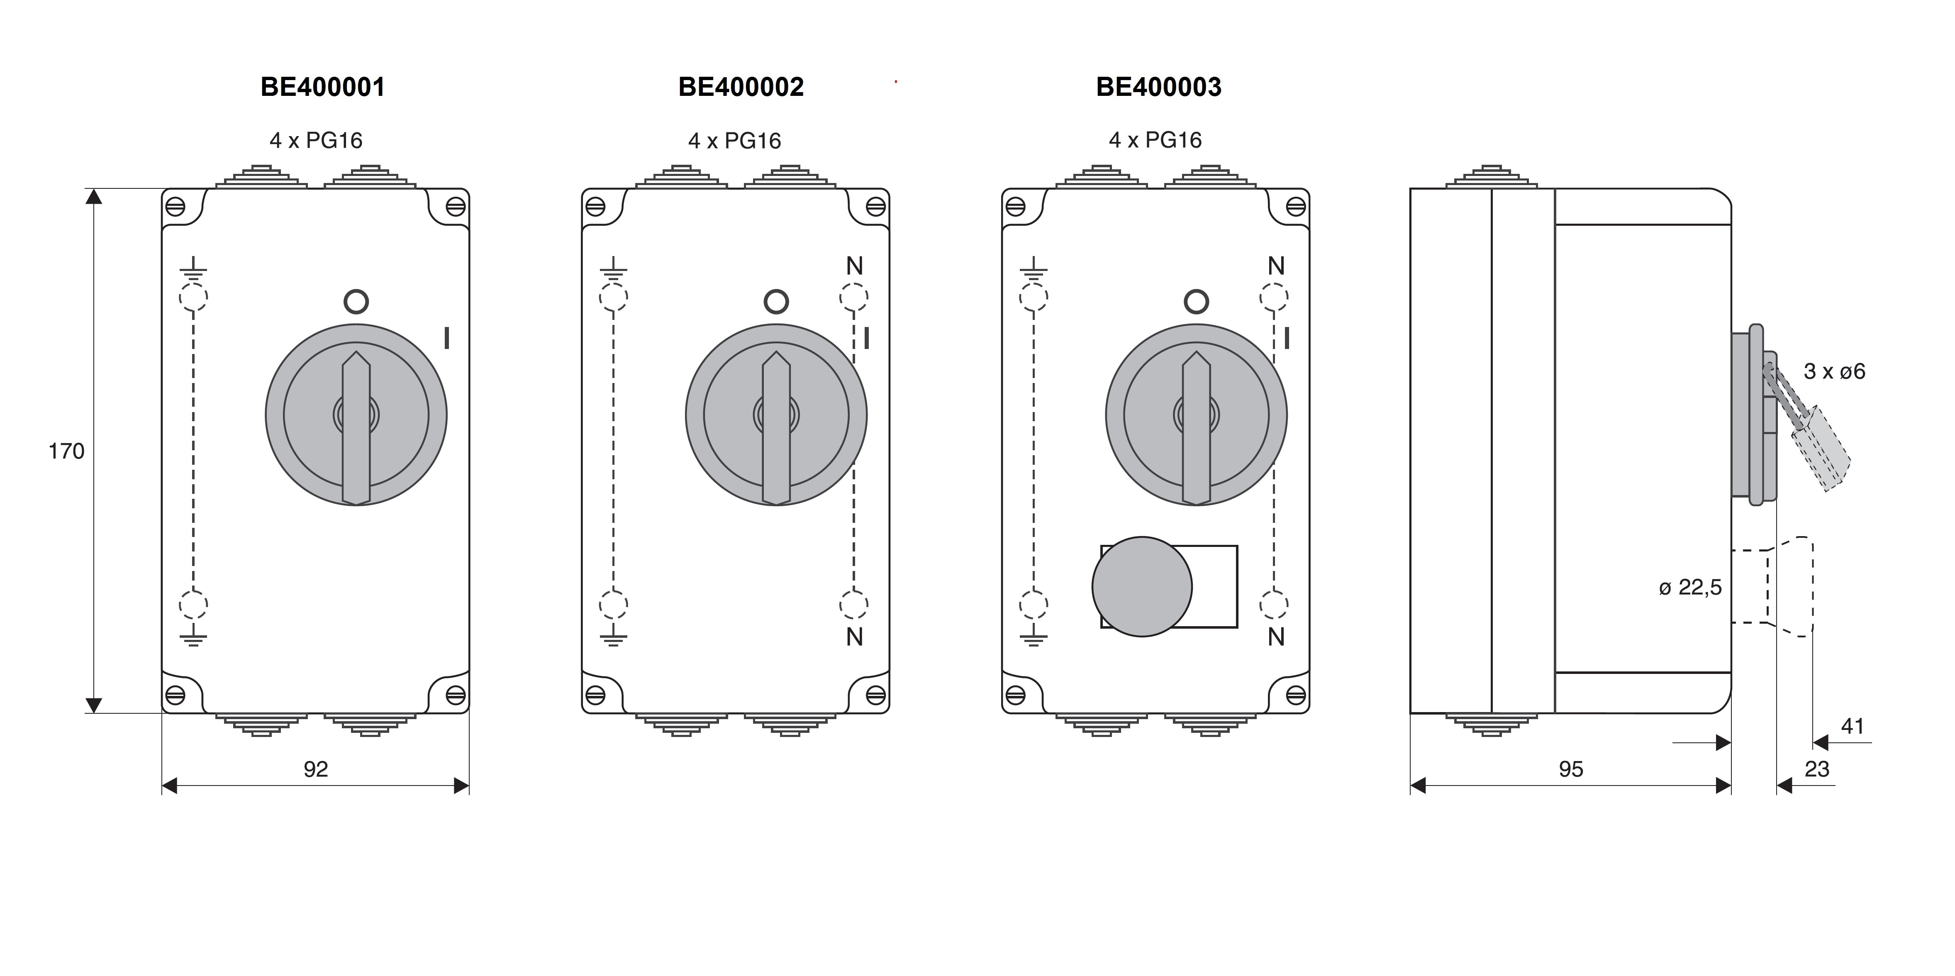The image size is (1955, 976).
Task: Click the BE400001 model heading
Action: [x=322, y=87]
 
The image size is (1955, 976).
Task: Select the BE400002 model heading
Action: [x=741, y=87]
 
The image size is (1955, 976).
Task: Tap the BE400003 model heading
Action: [x=1159, y=87]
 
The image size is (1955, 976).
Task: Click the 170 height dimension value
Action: [x=67, y=451]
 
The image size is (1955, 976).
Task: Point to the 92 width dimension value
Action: [x=316, y=770]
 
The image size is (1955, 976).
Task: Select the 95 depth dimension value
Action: [x=1571, y=770]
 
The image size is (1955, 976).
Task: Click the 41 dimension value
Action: [x=1853, y=726]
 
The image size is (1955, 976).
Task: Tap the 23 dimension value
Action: [x=1817, y=770]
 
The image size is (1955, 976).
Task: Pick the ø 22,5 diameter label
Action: [x=1690, y=588]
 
